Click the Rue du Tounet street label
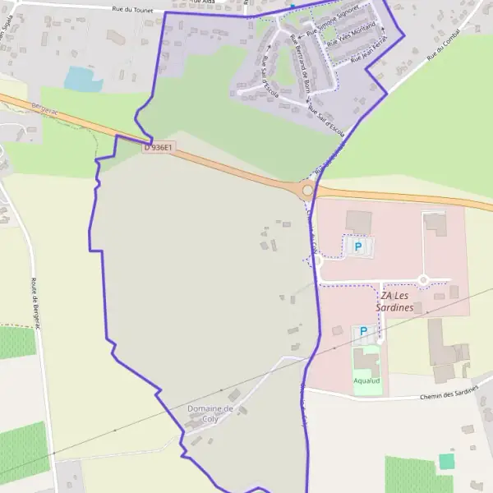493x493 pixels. coord(134,9)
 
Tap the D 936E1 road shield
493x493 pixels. coord(159,148)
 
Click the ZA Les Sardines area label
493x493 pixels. coord(400,301)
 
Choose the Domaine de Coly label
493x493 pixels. coord(210,413)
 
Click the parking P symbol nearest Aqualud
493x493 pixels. coord(362,331)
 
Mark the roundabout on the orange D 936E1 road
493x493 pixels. coord(308,191)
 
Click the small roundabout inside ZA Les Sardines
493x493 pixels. coord(423,280)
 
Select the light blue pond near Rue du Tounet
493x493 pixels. coord(83,79)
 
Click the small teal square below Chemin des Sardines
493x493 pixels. coord(446,461)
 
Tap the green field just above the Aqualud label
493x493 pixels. coord(366,362)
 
